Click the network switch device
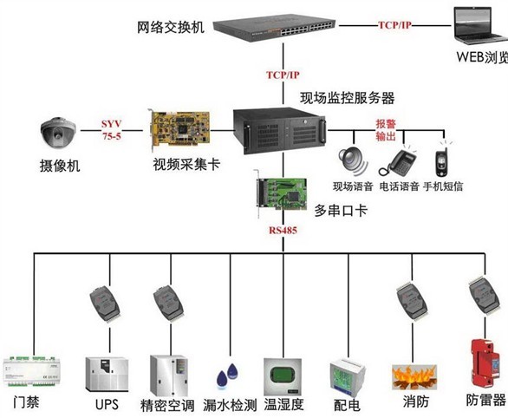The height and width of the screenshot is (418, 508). coord(274,29)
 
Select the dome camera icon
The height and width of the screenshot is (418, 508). coord(58,132)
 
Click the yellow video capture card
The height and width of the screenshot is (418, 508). coord(179,130)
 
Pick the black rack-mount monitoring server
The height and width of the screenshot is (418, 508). coord(280,131)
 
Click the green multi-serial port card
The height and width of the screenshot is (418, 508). coord(280,193)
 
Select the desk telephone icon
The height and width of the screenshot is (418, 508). coord(398,163)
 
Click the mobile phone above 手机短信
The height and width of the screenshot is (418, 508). coord(442,160)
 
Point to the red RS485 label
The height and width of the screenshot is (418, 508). coord(283,231)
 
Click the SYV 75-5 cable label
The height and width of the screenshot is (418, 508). coord(112,129)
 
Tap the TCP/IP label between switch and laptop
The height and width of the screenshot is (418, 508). coord(394,25)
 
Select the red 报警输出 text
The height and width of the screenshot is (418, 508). coord(386,130)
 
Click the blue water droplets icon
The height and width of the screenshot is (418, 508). coord(227,376)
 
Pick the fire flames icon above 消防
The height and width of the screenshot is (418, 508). coord(414,377)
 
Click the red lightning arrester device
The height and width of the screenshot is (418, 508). coord(485,362)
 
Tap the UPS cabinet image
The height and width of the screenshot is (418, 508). coord(107,375)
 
